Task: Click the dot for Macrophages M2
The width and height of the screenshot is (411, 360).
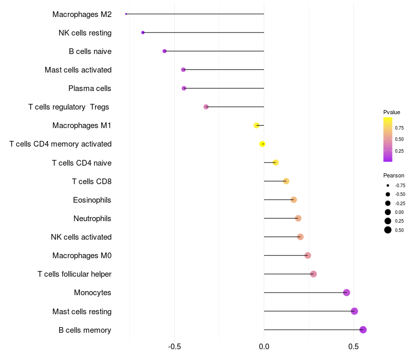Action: tap(126, 14)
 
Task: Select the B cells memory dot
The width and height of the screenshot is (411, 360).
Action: tap(363, 330)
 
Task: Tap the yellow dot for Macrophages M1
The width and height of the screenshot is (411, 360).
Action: tap(256, 125)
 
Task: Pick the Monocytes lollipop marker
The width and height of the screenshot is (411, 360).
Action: tap(347, 293)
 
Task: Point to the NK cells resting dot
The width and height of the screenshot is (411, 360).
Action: tap(143, 32)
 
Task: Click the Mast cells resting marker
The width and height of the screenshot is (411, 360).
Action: tap(354, 311)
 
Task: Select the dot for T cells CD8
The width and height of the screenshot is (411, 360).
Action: tap(286, 181)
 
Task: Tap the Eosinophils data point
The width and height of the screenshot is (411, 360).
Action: tap(294, 200)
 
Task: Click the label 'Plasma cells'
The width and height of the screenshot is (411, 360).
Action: tap(90, 88)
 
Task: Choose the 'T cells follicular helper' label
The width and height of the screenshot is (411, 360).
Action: tap(74, 274)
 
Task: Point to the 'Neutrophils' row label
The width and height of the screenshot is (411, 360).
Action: tap(92, 219)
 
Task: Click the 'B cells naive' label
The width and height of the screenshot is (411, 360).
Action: tap(90, 51)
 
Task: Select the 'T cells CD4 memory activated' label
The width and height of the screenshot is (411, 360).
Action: tap(61, 144)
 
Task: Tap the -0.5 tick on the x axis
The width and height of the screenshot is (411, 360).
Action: tap(174, 347)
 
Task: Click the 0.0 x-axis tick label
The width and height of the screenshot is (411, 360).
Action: tap(264, 347)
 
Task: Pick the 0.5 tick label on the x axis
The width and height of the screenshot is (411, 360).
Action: tap(353, 347)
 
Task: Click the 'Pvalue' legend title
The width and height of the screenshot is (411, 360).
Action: tap(391, 112)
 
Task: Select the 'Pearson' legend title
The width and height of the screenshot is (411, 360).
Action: tap(394, 175)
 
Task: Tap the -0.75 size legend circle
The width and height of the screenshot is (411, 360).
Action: tap(388, 185)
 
